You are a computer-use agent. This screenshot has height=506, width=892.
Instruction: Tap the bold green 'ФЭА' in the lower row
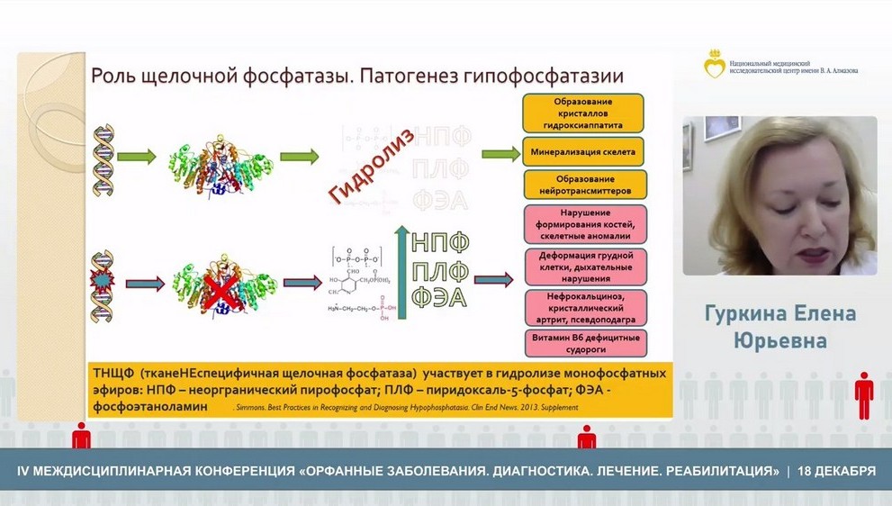click(x=440, y=296)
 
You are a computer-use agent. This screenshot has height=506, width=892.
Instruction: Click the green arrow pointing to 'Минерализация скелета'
click(x=500, y=154)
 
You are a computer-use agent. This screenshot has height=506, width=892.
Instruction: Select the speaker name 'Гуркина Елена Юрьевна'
click(x=779, y=327)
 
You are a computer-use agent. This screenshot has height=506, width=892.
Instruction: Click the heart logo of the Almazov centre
click(x=715, y=64)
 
